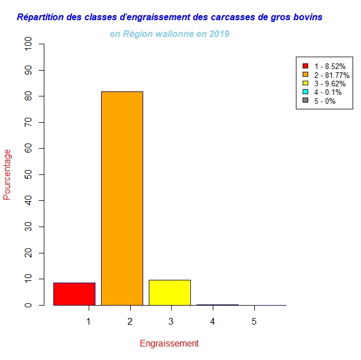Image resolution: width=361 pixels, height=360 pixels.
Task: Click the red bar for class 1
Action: point(74,294)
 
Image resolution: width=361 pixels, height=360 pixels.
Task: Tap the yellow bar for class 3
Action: point(170,292)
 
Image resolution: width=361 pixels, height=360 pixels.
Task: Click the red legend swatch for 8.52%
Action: point(305,66)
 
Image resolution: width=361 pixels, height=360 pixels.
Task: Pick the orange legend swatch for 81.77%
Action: point(305,75)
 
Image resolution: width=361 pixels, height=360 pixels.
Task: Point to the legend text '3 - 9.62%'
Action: point(330,84)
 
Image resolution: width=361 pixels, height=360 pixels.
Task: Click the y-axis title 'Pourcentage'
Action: point(7,174)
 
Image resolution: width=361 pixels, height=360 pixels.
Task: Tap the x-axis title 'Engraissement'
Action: point(169,343)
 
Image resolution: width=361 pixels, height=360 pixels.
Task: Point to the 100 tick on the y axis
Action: point(28,44)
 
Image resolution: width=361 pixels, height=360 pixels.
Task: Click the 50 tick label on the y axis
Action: point(28,174)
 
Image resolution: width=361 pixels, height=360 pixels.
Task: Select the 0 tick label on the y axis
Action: point(28,305)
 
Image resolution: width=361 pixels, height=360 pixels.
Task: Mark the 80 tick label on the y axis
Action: point(28,96)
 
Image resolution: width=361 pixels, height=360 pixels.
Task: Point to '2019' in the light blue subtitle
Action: point(218,34)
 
